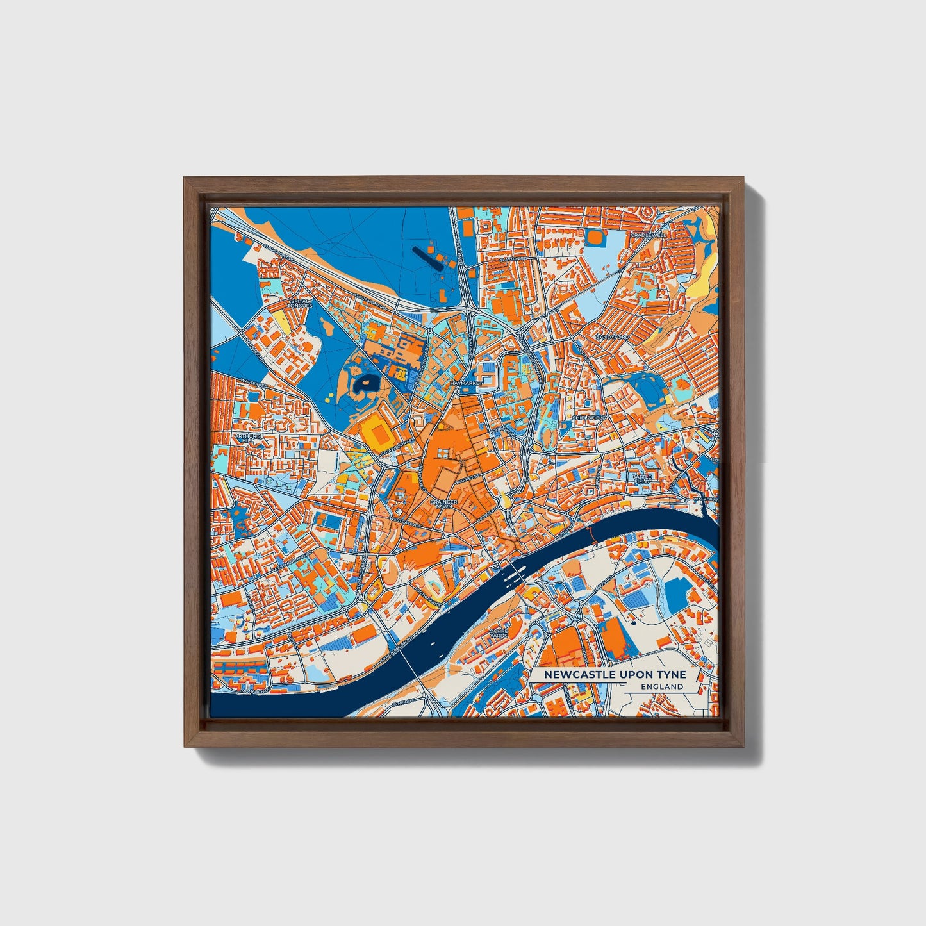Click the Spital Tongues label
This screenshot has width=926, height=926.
pos(299,302)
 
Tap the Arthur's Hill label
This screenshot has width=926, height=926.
pos(247,438)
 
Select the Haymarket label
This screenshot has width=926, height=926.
pos(464,383)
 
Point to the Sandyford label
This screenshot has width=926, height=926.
pos(613,336)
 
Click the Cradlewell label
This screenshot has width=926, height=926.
pos(648,235)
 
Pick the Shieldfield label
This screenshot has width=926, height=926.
pos(590,417)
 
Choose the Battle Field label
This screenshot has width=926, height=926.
pos(641,479)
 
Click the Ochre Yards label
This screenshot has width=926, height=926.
pos(498,633)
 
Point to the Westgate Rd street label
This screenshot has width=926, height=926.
pos(405,522)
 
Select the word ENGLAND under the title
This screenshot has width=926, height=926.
pos(661,686)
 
